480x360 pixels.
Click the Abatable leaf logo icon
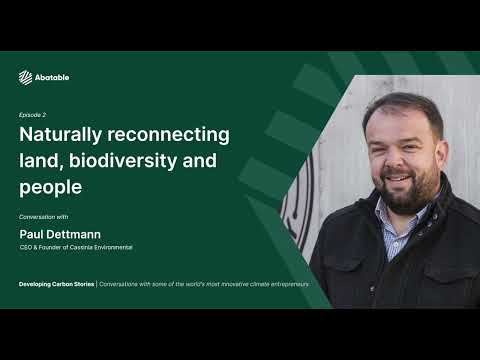[x=26, y=77]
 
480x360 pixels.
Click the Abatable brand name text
[x=52, y=77]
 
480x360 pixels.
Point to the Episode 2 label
[x=32, y=115]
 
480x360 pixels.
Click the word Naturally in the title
[x=62, y=134]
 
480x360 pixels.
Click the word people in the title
[x=51, y=187]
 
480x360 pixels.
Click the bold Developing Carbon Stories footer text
[x=57, y=284]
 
